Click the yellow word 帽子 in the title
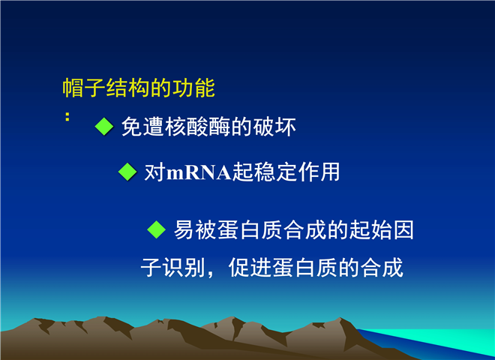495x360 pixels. click(x=84, y=88)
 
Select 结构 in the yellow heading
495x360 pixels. click(x=127, y=88)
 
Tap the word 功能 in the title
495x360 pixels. click(x=193, y=88)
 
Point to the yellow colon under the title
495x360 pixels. click(x=67, y=116)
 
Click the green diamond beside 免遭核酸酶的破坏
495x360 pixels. click(x=104, y=126)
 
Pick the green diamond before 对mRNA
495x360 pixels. click(x=127, y=172)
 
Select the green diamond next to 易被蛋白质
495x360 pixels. click(x=157, y=229)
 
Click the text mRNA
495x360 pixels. click(x=199, y=173)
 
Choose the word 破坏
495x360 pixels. click(x=274, y=127)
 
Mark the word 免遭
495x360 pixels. click(x=143, y=127)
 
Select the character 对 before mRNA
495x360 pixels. click(x=155, y=172)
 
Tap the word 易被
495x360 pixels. click(x=196, y=229)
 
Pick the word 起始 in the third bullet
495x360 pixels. click(x=370, y=229)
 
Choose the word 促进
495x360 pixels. click(x=250, y=268)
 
